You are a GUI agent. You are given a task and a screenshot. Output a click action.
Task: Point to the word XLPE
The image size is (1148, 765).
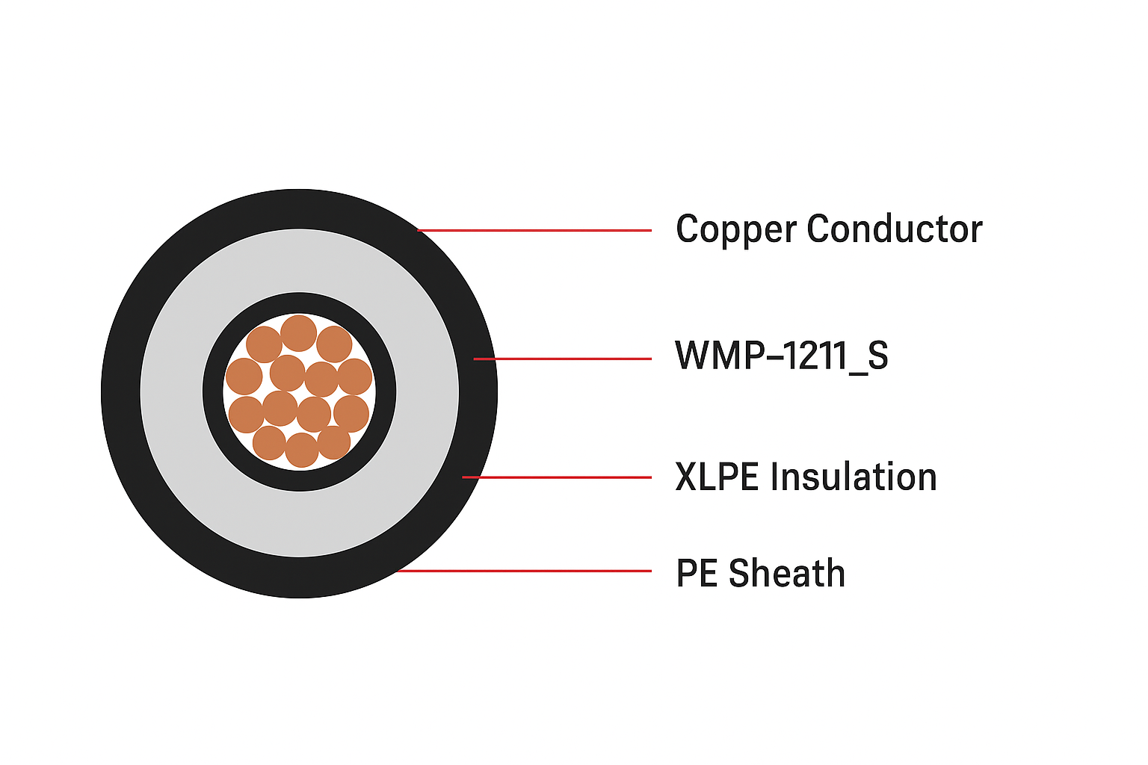pos(717,477)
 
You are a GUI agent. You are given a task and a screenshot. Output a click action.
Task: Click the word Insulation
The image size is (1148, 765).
pos(854,477)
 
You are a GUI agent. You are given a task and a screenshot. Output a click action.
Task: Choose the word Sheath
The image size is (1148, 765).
pos(787,572)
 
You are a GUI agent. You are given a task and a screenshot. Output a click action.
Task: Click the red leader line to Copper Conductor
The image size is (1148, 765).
pos(534,231)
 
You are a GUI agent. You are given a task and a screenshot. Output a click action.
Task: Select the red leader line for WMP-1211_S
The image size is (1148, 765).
pos(562,359)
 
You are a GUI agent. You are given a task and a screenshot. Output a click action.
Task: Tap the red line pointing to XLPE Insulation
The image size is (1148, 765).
pos(557,477)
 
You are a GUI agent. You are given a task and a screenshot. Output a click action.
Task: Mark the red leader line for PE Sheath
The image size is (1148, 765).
pos(524,571)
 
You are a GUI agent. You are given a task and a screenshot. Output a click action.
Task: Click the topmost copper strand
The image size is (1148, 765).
pos(299,333)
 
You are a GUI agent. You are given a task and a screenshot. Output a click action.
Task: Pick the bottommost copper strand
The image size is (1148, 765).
pos(301,450)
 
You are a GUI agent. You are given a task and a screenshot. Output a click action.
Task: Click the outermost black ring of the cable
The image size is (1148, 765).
pos(299,577)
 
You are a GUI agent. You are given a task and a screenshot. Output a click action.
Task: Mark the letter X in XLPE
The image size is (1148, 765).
pos(686,477)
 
